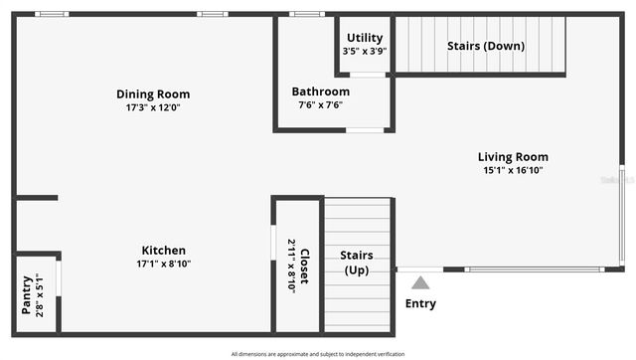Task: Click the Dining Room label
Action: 153,94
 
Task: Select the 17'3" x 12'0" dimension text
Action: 153,107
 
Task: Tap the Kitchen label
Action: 164,251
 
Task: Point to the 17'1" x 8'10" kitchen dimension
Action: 164,264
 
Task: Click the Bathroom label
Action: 320,91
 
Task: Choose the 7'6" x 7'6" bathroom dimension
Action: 320,104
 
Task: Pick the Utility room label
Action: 365,38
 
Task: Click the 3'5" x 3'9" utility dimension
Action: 365,51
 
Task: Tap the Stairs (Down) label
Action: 486,46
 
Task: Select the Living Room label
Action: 513,157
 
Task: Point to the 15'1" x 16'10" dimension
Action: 513,170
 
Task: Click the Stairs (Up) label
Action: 357,263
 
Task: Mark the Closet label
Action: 305,267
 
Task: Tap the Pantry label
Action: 26,294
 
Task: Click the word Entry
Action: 420,303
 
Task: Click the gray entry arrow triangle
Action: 420,283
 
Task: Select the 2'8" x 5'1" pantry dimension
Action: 40,294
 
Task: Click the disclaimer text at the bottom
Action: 318,354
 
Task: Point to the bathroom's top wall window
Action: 306,14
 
